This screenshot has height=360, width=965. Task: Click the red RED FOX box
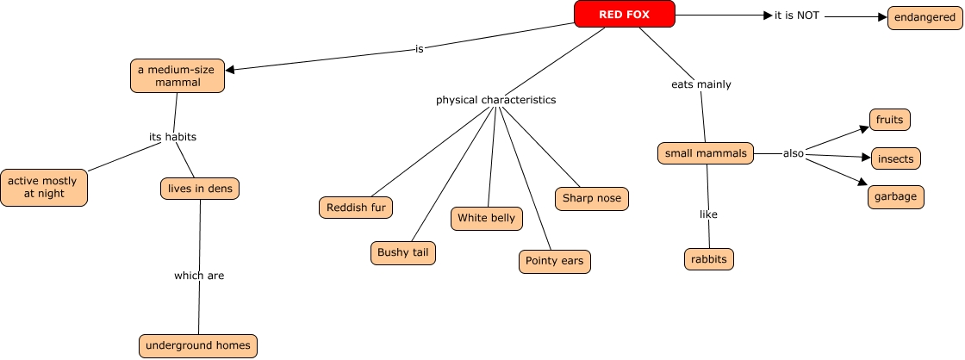(624, 14)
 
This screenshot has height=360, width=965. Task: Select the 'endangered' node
(923, 16)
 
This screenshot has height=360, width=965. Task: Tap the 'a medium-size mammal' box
(177, 76)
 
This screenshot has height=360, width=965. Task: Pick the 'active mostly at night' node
(44, 188)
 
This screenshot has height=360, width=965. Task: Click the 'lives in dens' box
(200, 188)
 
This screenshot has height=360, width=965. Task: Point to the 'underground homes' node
(198, 345)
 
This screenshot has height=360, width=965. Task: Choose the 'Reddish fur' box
(355, 207)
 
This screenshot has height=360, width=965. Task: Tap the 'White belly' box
(486, 218)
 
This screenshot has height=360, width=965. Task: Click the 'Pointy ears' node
(554, 261)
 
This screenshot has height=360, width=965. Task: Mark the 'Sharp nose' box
(591, 199)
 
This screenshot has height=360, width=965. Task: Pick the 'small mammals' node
(705, 153)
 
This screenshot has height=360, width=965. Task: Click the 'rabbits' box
(708, 258)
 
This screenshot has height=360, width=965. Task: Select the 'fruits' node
(889, 120)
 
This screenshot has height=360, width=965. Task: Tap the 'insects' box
(895, 159)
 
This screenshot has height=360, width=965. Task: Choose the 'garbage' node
(896, 196)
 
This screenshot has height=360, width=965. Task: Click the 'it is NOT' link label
(796, 16)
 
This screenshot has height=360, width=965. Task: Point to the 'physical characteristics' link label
(495, 100)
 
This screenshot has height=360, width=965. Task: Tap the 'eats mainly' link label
(700, 84)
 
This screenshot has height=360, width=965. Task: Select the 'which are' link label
(199, 276)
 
